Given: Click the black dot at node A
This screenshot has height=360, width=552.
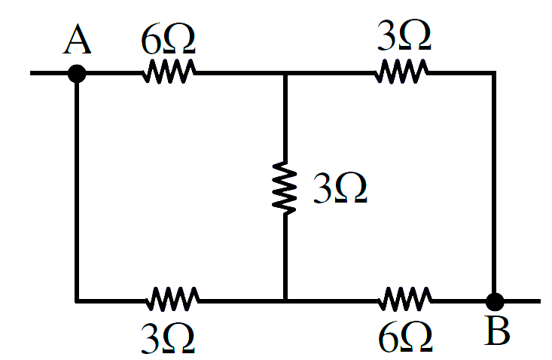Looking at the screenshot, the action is (77, 74).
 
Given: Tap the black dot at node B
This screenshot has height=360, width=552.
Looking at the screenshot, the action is (495, 301).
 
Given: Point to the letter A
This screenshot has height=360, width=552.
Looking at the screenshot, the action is (77, 39).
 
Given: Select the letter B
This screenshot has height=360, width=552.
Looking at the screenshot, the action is (497, 331).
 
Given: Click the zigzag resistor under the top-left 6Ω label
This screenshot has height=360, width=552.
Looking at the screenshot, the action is (169, 72).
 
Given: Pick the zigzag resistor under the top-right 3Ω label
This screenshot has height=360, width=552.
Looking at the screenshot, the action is (401, 72).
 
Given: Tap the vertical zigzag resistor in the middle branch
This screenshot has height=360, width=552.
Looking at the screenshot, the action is (285, 188).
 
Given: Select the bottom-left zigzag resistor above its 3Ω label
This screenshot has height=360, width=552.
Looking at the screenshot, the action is (172, 300).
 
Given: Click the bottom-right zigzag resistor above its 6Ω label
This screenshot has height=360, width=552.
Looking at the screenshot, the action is (405, 300).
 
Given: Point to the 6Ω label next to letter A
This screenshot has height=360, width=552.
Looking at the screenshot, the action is (168, 39).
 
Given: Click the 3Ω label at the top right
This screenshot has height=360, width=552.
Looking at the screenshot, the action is (404, 35).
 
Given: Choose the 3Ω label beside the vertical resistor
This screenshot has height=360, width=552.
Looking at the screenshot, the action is (340, 188).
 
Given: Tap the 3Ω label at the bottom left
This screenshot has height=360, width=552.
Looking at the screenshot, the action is (168, 338).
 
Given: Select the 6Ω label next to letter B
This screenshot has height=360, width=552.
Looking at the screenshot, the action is (406, 337).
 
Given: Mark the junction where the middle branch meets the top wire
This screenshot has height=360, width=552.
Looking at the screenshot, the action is (285, 73).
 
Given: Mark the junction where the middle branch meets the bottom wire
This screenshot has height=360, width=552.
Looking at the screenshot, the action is (285, 301).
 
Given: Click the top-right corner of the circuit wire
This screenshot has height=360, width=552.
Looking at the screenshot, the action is (494, 73).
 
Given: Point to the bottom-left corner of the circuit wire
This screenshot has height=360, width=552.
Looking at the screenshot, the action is (77, 301).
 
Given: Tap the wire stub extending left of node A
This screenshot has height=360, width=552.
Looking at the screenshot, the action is (49, 73).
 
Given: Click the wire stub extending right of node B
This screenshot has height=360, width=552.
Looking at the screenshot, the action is (522, 301).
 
